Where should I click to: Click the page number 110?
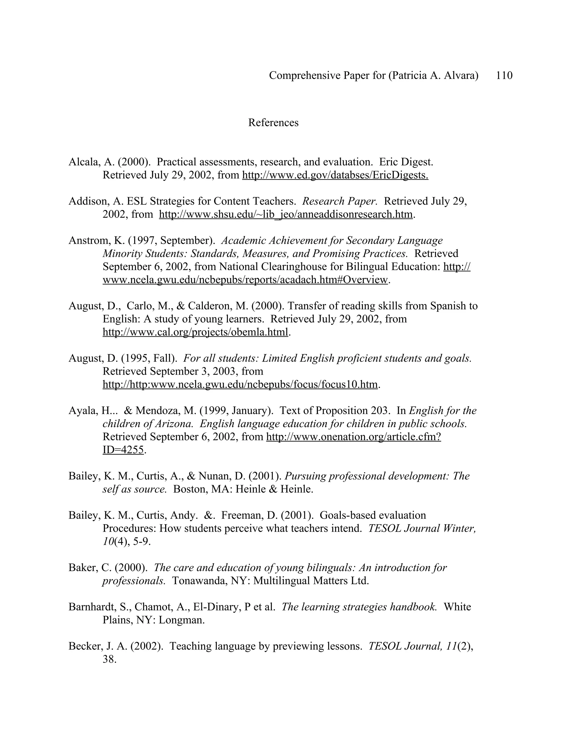tap(504, 75)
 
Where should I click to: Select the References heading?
tap(273, 123)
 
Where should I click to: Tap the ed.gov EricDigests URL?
tap(335, 175)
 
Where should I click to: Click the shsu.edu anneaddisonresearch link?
tap(286, 215)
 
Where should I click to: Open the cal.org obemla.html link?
tap(195, 332)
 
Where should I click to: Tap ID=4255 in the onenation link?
tap(123, 450)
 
